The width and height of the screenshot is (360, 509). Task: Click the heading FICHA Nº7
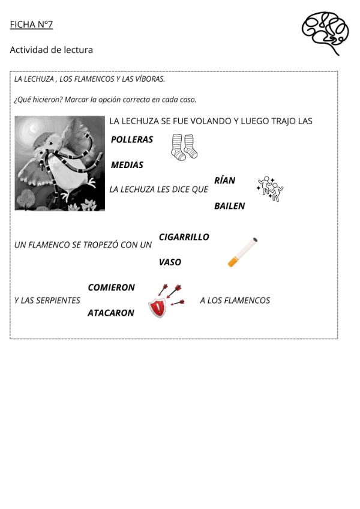(x=31, y=25)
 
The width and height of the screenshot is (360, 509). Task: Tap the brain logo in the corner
(x=325, y=31)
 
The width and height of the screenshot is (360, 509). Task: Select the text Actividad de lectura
(x=51, y=50)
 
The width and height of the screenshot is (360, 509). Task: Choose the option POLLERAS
(x=131, y=140)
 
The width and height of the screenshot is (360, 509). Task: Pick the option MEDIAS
(x=127, y=165)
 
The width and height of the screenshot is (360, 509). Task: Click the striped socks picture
(x=184, y=147)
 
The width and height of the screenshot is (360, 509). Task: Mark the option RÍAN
(x=224, y=181)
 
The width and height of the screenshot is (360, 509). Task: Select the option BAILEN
(x=229, y=206)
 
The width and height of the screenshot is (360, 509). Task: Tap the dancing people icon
(x=269, y=188)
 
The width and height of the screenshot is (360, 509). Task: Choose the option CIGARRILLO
(x=184, y=237)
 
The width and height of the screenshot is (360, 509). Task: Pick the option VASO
(x=170, y=262)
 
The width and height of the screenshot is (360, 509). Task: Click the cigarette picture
(x=242, y=252)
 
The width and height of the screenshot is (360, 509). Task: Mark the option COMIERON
(x=111, y=288)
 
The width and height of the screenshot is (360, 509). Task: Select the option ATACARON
(x=111, y=313)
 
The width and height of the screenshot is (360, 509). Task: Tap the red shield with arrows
(x=164, y=300)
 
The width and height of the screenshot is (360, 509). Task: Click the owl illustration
(x=59, y=163)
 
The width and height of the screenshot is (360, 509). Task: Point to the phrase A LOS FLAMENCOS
(x=235, y=300)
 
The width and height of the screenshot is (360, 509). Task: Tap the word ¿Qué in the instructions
(x=22, y=100)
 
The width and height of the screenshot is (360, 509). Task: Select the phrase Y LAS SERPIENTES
(x=47, y=300)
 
